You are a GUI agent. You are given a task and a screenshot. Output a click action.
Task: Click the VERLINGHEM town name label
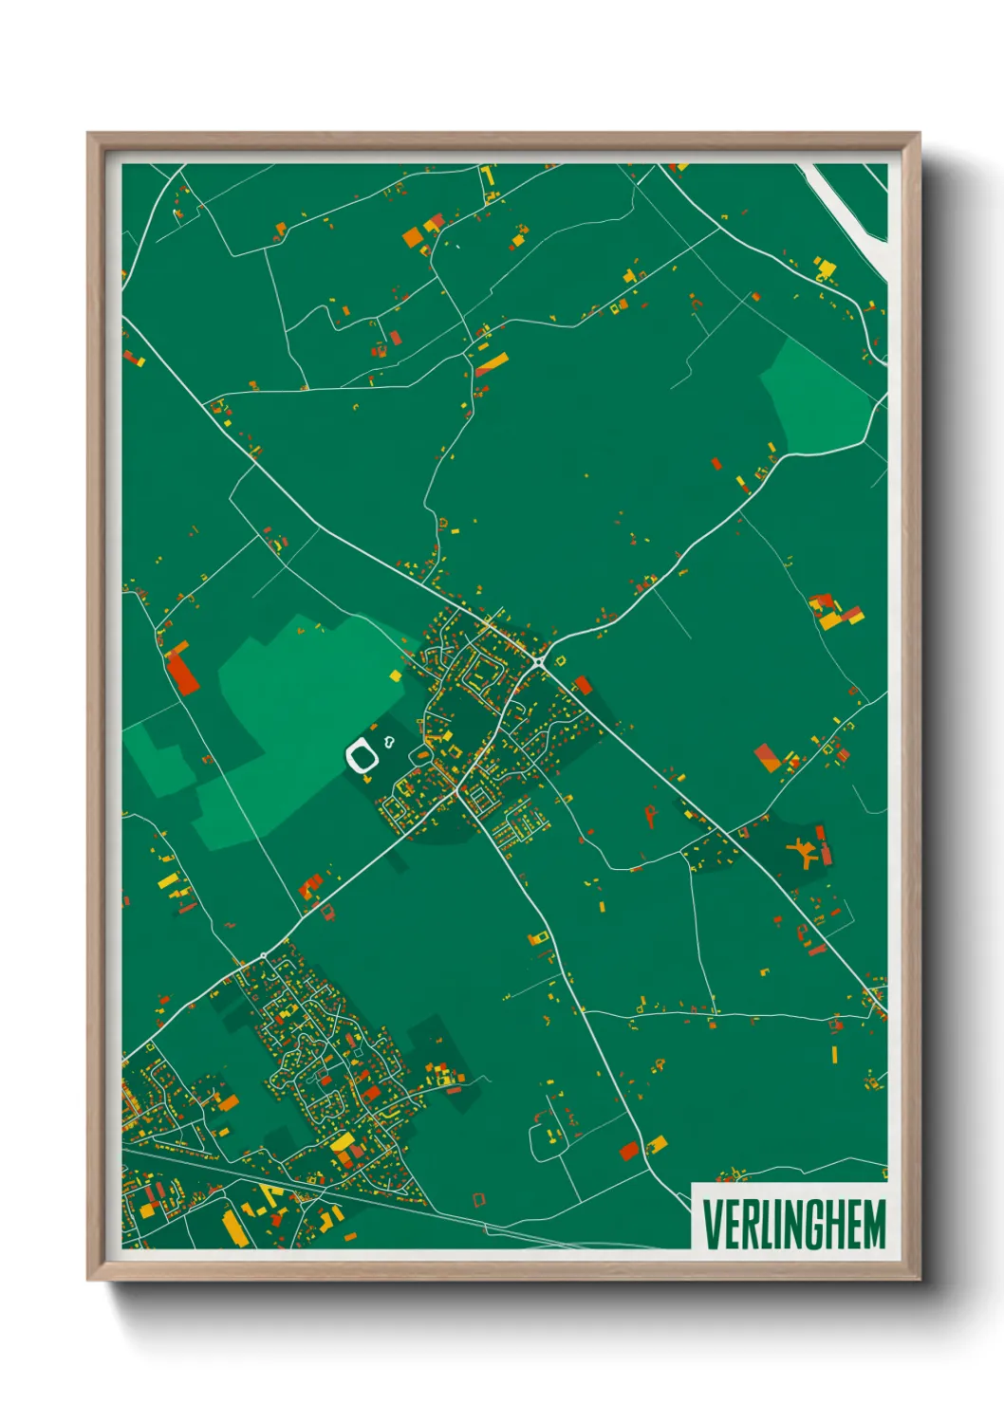pyautogui.click(x=793, y=1225)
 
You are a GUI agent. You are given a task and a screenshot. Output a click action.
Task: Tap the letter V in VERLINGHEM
pyautogui.click(x=711, y=1225)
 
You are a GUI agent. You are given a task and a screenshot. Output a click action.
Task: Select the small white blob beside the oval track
pyautogui.click(x=389, y=740)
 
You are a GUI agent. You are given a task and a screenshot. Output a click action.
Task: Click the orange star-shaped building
pyautogui.click(x=803, y=851)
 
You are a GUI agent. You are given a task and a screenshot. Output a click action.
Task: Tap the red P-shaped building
pyautogui.click(x=650, y=815)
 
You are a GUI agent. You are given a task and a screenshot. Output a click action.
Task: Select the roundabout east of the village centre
pyautogui.click(x=539, y=661)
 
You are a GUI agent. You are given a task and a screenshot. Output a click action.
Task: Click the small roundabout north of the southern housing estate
pyautogui.click(x=263, y=954)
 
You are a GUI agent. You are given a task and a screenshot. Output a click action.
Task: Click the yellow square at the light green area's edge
pyautogui.click(x=396, y=675)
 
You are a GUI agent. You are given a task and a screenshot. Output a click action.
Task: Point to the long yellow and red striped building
pyautogui.click(x=492, y=363)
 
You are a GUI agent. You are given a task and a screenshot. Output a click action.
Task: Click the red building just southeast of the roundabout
pyautogui.click(x=582, y=685)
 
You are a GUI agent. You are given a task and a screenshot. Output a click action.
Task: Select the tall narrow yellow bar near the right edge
pyautogui.click(x=834, y=1054)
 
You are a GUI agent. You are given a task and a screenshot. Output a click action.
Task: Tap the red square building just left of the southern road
pyautogui.click(x=628, y=1151)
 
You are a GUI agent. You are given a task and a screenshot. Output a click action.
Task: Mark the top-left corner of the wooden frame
pyautogui.click(x=88, y=135)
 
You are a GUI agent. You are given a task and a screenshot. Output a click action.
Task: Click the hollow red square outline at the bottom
pyautogui.click(x=479, y=1199)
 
